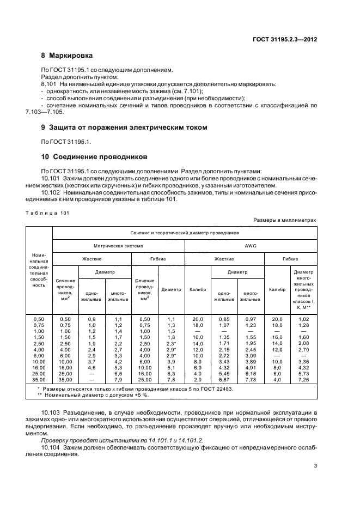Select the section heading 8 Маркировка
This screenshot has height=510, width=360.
tap(67, 56)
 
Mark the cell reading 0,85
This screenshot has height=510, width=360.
tap(223, 319)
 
